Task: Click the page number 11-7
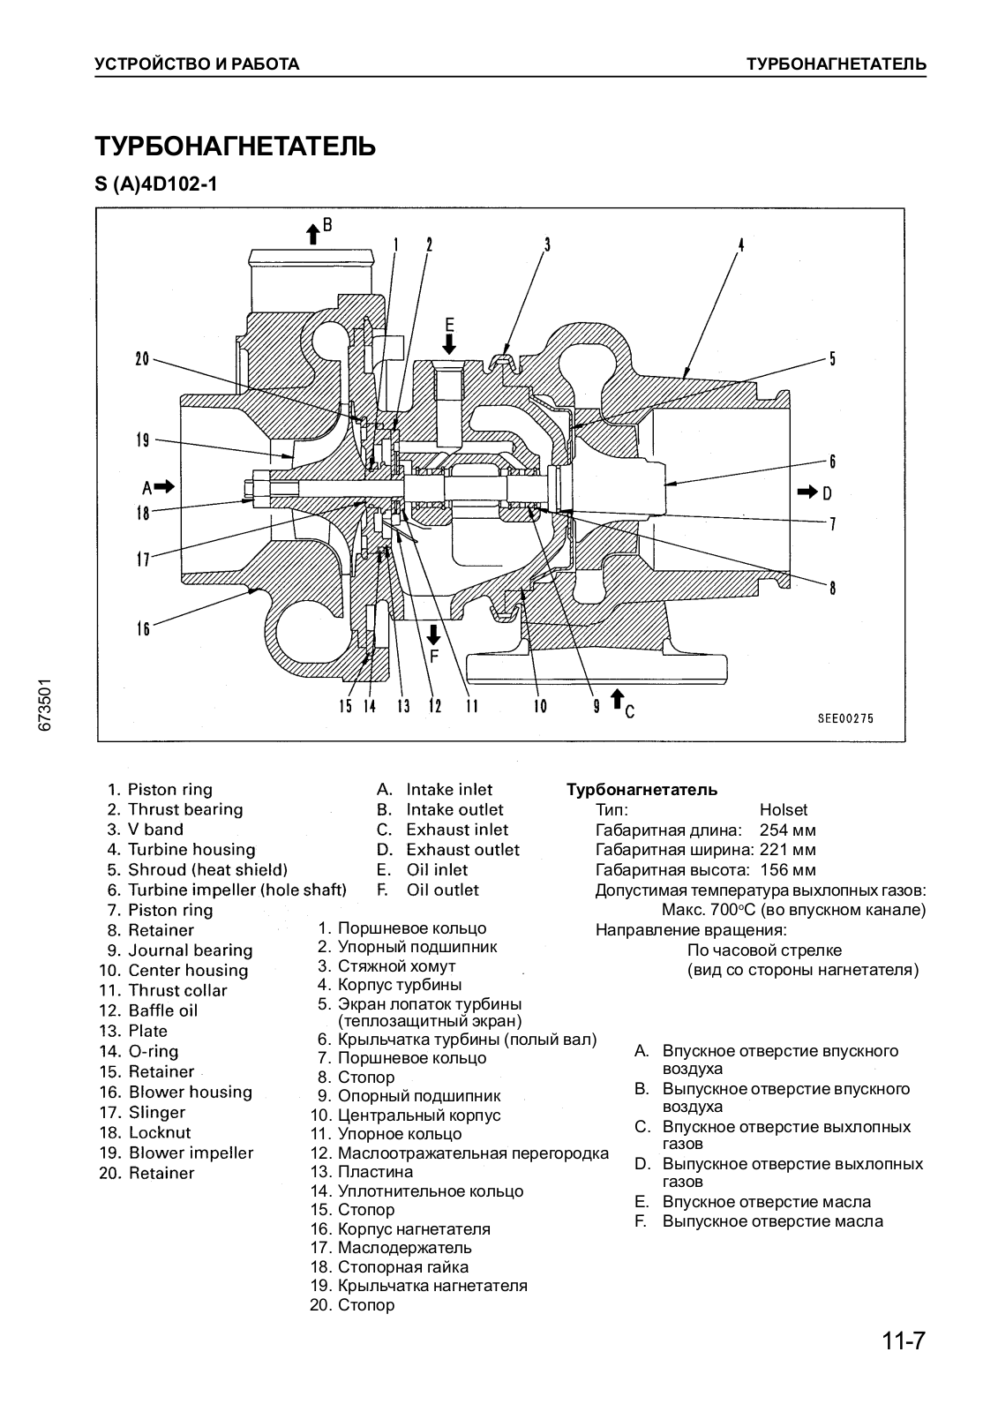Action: point(902,1342)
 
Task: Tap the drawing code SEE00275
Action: point(844,718)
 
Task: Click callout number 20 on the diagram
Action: point(142,359)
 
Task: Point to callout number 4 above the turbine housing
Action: point(741,245)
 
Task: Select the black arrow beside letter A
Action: point(166,486)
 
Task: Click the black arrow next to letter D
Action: point(807,492)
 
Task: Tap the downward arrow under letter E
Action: point(449,343)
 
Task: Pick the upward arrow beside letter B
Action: point(312,233)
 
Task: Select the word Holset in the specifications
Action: point(783,810)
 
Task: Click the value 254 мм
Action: point(787,830)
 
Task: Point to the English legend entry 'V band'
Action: point(155,830)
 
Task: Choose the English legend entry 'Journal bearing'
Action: point(190,950)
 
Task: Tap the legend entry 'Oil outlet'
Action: point(442,890)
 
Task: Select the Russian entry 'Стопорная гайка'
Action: point(402,1267)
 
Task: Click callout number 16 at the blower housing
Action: point(142,628)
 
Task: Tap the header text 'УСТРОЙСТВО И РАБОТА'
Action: point(197,64)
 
